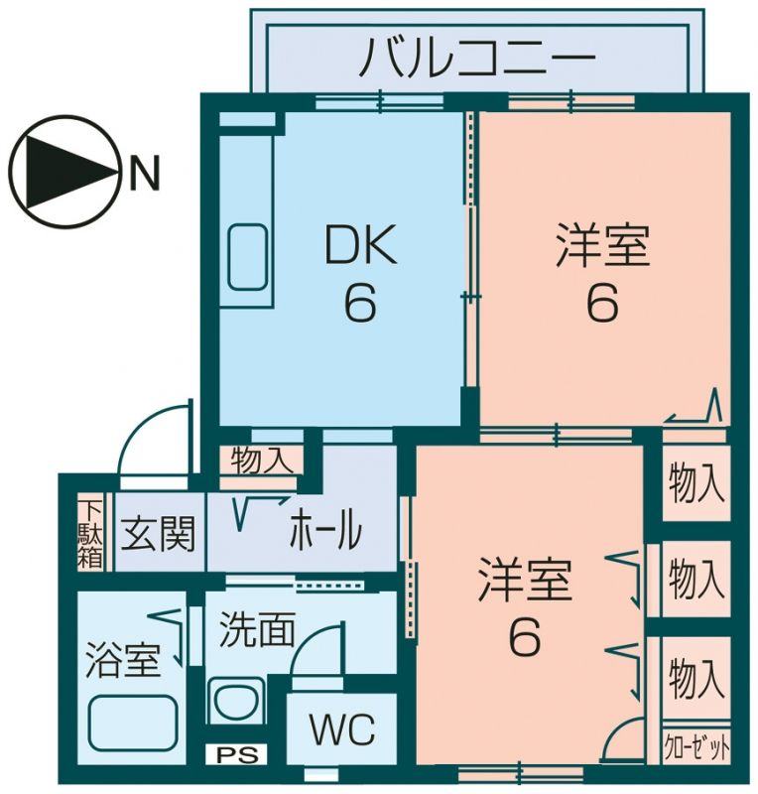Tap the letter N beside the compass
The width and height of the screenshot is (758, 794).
point(145,172)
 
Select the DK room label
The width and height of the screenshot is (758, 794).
point(360,245)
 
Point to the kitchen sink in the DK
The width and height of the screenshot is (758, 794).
point(247,257)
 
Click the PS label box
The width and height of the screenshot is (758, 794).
point(236,755)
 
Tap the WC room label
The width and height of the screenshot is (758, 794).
point(343,729)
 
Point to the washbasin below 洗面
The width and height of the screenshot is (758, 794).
point(236,702)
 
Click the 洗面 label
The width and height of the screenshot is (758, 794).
point(257,629)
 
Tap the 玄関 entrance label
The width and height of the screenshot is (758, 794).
point(158,533)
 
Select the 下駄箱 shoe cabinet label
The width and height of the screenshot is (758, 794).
point(90,533)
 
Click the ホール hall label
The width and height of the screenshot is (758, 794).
point(325,530)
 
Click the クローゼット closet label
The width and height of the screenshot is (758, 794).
point(696,747)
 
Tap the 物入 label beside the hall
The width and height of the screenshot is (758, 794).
point(261,461)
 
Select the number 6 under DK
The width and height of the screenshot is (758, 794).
point(360,303)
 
